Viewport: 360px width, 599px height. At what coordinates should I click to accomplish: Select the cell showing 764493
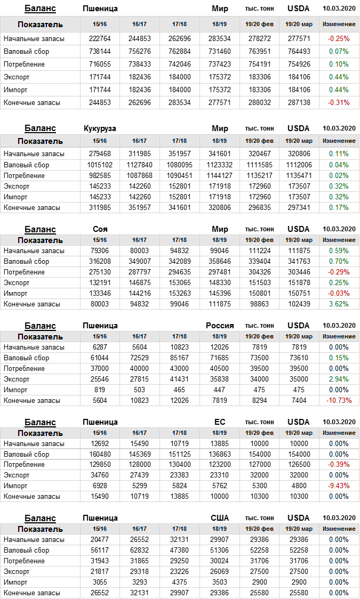[x=298, y=51]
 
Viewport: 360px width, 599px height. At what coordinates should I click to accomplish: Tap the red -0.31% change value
[x=339, y=102]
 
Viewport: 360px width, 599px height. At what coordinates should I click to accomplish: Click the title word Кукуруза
[x=100, y=128]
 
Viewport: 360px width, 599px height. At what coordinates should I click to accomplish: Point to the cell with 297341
[x=298, y=207]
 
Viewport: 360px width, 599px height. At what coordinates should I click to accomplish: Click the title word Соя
[x=100, y=229]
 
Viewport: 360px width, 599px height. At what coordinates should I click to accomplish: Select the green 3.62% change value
[x=339, y=304]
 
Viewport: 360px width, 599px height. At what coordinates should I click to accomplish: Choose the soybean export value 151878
[x=298, y=282]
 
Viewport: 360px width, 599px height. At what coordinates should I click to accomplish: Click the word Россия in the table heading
[x=220, y=326]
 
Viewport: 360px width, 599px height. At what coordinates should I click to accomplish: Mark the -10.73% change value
[x=339, y=400]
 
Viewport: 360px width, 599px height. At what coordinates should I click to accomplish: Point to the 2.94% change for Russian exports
[x=339, y=379]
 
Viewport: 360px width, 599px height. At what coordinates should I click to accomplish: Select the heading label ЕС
[x=220, y=422]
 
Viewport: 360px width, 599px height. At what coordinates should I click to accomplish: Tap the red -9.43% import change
[x=339, y=485]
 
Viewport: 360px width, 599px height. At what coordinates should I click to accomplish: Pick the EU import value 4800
[x=298, y=485]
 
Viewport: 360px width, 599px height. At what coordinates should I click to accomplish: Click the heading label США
[x=220, y=518]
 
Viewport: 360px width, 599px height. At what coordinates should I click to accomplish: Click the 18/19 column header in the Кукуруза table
[x=220, y=141]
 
